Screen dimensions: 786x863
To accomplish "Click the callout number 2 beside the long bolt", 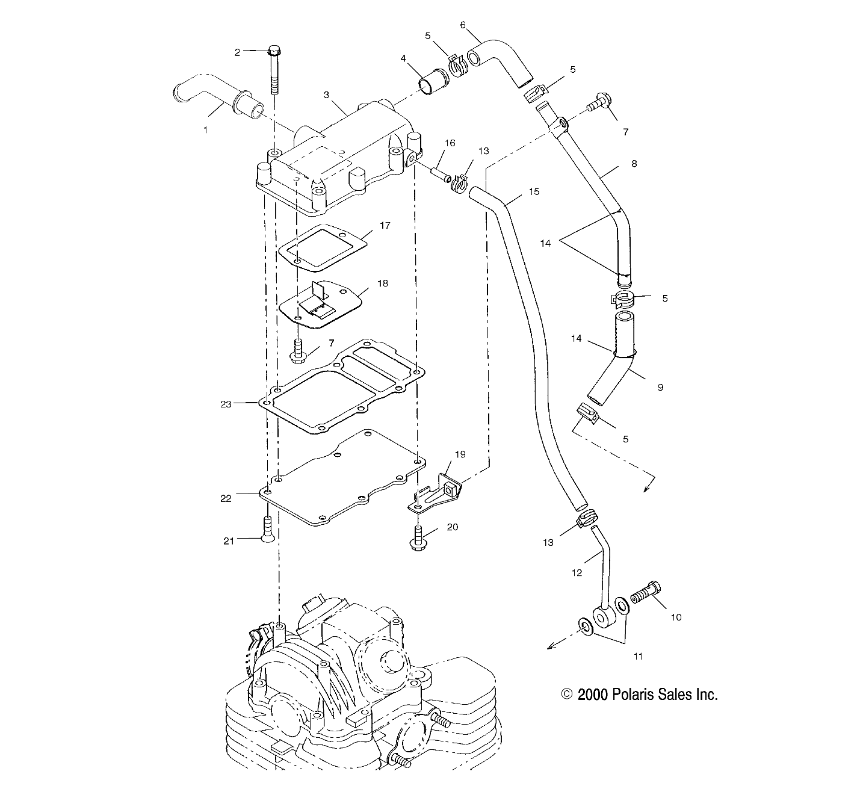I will point(237,52).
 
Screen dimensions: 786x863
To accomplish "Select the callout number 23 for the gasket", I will point(226,404).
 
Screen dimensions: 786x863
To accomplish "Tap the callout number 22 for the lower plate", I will point(226,498).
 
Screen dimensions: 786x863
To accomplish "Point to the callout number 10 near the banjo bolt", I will point(676,617).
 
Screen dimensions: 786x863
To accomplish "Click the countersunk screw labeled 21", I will point(268,530).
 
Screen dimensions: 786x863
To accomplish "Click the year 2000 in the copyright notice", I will point(593,695).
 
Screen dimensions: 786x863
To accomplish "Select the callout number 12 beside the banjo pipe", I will point(577,573).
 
